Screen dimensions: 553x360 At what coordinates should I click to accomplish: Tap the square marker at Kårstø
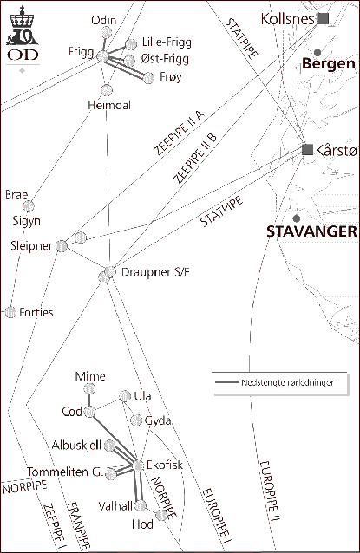coord(307,150)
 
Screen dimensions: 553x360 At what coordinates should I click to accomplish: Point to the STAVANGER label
coord(311,231)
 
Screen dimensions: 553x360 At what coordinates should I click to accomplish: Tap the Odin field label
coord(103,20)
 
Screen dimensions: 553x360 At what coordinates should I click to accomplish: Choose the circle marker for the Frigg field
coord(102,56)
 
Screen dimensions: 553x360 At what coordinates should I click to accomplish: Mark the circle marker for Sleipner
coord(62,246)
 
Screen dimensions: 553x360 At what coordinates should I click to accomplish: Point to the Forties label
coord(36,311)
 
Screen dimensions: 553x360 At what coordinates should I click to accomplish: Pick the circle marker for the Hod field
coord(160,515)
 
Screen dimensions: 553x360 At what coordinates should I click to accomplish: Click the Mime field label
coord(90,376)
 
